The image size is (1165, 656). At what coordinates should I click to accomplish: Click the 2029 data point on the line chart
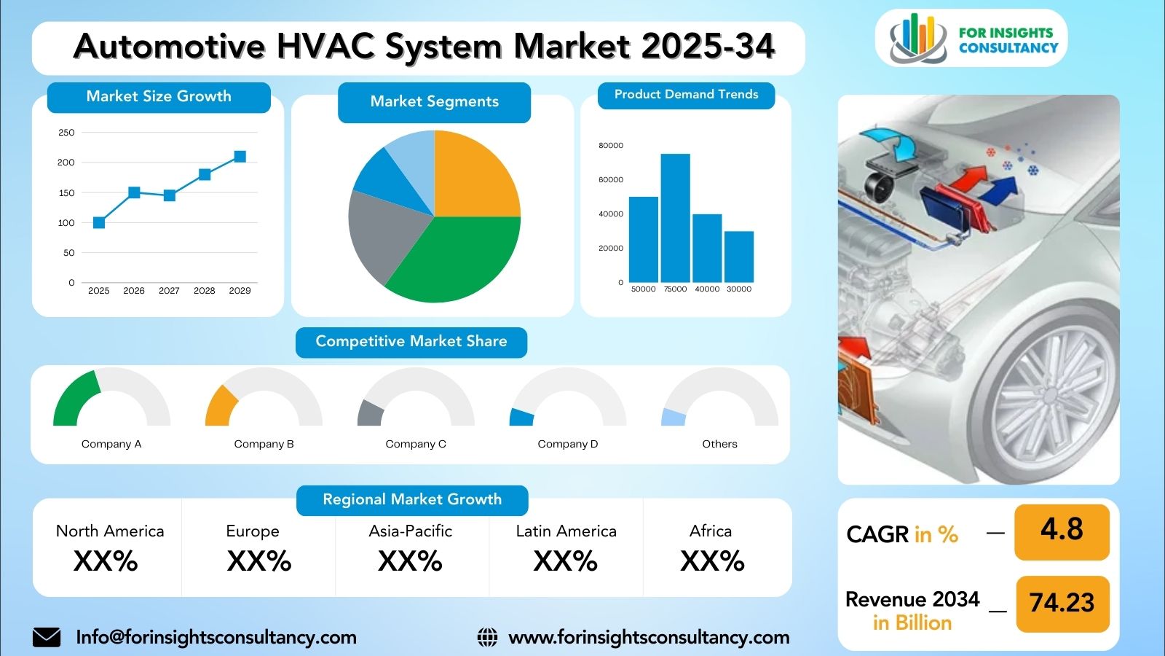(x=240, y=157)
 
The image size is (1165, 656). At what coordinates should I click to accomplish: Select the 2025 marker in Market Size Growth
(x=99, y=223)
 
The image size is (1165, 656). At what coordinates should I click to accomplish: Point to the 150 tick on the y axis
(x=66, y=192)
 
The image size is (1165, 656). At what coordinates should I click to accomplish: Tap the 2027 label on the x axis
(x=169, y=291)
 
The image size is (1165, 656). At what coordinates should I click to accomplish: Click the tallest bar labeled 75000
(x=676, y=218)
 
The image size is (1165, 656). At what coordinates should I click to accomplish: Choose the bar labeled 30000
(x=739, y=257)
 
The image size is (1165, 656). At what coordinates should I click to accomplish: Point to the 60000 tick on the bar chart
(x=611, y=179)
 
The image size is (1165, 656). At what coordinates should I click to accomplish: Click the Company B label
(x=264, y=444)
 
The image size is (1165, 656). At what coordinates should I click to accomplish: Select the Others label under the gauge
(x=720, y=444)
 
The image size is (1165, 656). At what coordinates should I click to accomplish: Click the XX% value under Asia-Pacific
(x=411, y=561)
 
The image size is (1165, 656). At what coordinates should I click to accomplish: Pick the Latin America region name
(x=566, y=531)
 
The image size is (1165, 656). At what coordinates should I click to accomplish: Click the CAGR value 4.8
(x=1062, y=529)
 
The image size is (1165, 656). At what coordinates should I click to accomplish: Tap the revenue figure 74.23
(x=1062, y=602)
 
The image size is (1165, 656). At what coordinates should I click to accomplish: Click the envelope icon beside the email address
(x=47, y=637)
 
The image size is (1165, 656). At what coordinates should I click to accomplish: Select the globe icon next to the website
(x=487, y=637)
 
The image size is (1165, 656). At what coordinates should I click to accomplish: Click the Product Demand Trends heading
(x=686, y=94)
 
